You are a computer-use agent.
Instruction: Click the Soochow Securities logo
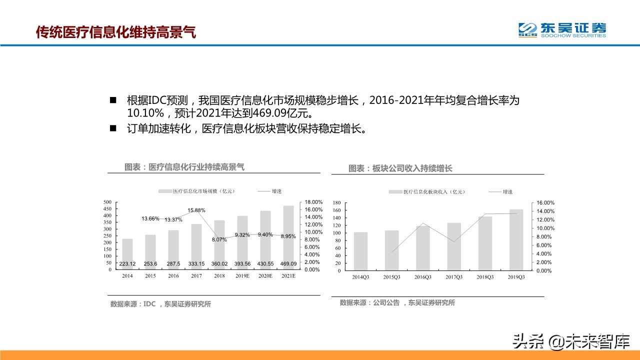tap(562, 29)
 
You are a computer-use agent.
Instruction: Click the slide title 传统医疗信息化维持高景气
tap(116, 32)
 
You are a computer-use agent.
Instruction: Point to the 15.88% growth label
tap(196, 210)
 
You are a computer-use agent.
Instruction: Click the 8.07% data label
tap(219, 239)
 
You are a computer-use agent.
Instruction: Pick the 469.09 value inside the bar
tap(288, 264)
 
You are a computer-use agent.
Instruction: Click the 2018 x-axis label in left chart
tap(219, 276)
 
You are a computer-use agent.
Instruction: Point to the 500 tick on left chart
tap(107, 202)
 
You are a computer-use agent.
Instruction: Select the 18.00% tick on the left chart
tap(313, 202)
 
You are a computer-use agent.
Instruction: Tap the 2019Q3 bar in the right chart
tap(517, 240)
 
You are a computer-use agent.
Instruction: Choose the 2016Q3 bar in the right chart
tap(423, 248)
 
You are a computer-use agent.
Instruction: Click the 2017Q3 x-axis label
tap(454, 277)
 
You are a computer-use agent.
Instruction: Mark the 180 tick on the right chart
tap(336, 203)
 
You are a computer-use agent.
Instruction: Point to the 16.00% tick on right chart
tap(545, 203)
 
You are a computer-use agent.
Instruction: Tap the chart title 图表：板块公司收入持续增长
tap(400, 168)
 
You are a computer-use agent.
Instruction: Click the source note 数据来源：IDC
tap(133, 304)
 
